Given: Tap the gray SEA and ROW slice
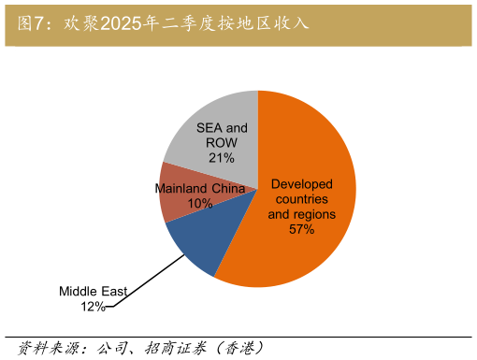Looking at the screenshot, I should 210,117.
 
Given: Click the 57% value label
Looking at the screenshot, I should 301,229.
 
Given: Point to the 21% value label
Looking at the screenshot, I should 222,158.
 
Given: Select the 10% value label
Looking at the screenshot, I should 200,203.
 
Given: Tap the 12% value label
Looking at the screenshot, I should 93,306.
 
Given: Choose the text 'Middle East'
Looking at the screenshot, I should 94,291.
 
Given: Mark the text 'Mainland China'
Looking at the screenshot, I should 199,188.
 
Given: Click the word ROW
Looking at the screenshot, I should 222,143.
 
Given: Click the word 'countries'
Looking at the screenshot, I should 301,199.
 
